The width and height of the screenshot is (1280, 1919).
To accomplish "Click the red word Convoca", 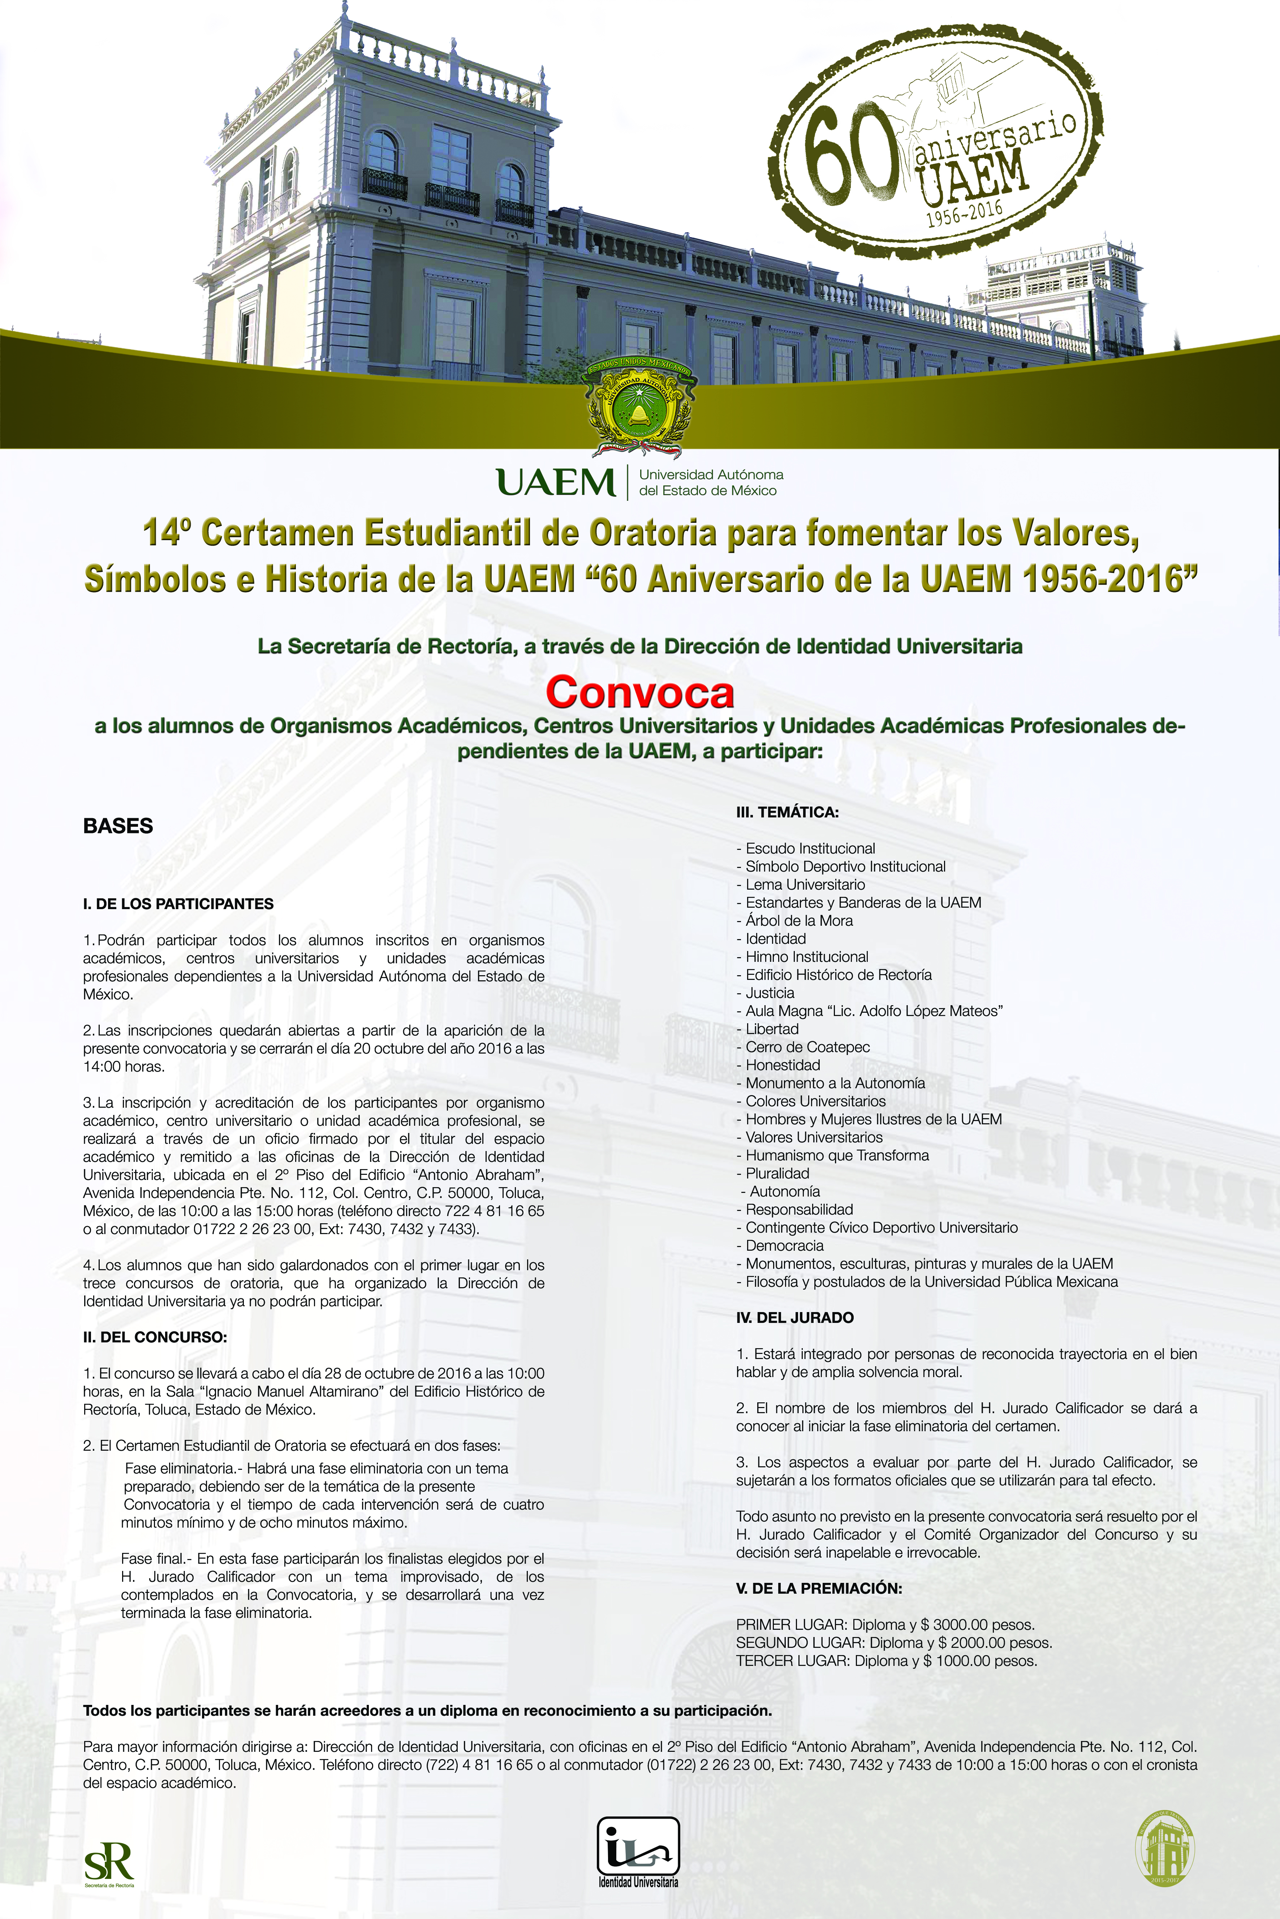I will pos(640,692).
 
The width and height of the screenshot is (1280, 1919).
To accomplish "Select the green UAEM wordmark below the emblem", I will pos(556,482).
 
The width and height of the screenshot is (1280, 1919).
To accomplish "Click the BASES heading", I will pos(118,826).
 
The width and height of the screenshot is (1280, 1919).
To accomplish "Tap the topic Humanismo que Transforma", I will pos(837,1155).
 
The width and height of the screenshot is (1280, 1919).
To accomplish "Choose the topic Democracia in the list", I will pos(784,1245).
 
